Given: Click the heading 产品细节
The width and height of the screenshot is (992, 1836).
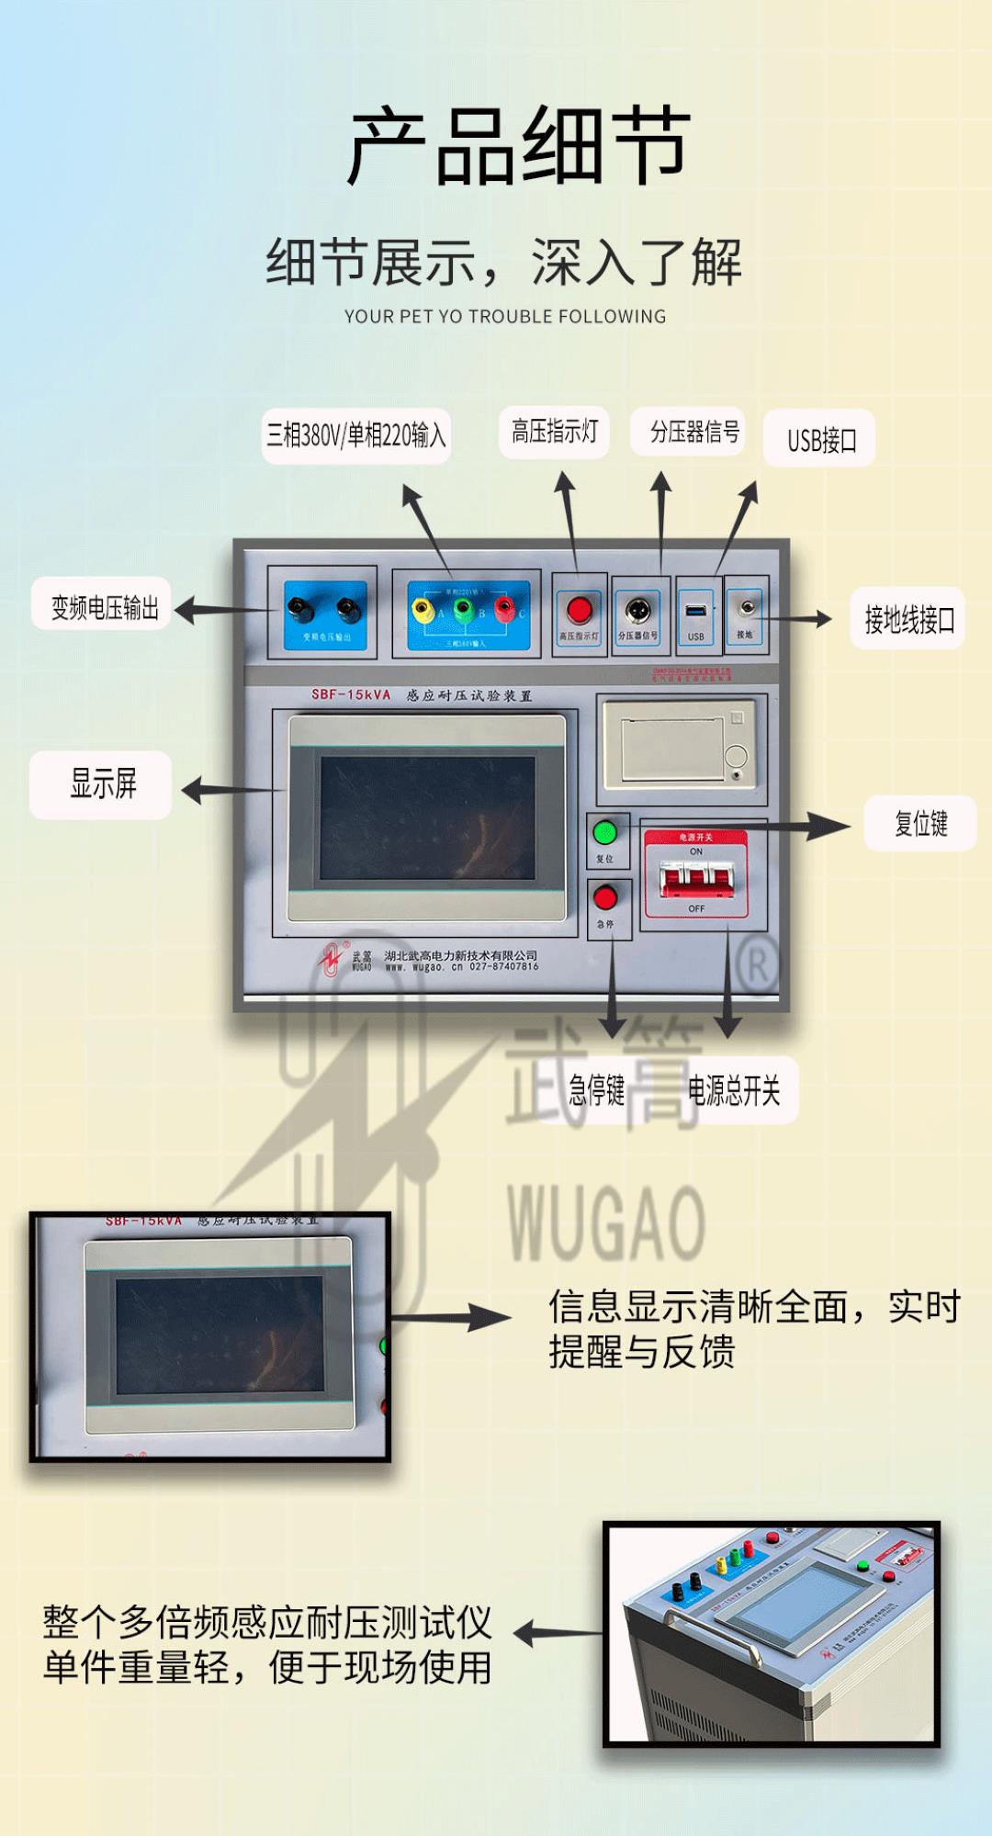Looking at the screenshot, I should (x=518, y=145).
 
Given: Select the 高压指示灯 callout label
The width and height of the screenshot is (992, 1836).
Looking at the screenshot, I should (x=554, y=432).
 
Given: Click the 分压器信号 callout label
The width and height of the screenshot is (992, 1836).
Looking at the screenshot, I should (x=694, y=432).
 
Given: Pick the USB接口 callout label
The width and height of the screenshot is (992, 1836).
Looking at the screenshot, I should (x=820, y=439).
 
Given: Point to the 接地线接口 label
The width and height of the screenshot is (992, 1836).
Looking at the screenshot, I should (x=907, y=619).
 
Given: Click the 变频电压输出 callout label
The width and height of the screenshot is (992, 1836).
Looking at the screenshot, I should (x=104, y=606).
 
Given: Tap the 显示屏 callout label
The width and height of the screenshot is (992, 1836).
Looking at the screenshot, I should (x=102, y=784).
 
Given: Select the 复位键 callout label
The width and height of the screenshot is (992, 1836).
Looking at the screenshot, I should (x=919, y=823).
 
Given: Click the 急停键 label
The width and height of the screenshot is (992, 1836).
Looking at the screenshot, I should (x=596, y=1090).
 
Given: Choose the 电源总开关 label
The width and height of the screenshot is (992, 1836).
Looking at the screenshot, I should (x=734, y=1090).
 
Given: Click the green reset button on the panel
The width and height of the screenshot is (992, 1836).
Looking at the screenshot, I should (x=604, y=833).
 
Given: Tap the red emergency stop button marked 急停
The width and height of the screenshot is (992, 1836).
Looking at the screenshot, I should (x=605, y=897).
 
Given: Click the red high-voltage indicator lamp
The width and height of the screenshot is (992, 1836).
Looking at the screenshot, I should (x=579, y=609).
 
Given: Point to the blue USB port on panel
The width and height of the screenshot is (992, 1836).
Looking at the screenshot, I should (x=695, y=611).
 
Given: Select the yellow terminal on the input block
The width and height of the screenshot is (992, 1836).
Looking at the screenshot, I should (x=422, y=608).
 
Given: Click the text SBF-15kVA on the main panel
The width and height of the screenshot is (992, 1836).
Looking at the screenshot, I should (x=350, y=694).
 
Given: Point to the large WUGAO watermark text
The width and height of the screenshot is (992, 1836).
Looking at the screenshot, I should (x=606, y=1222).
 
